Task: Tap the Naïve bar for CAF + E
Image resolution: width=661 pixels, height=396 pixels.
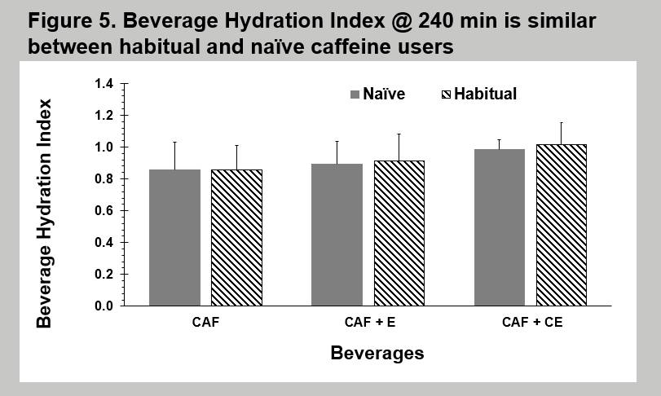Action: (x=337, y=235)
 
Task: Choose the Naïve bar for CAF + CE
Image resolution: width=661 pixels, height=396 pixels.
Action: (x=499, y=227)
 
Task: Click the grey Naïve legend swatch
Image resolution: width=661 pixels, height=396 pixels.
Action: (x=355, y=95)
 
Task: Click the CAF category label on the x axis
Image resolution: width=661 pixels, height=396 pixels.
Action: (x=205, y=323)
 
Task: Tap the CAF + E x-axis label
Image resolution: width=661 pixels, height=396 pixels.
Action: (x=368, y=323)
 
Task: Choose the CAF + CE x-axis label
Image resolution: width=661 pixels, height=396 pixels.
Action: (x=531, y=323)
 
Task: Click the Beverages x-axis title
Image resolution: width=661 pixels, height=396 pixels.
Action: (x=377, y=354)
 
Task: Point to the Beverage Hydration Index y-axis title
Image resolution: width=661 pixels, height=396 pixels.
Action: (x=44, y=213)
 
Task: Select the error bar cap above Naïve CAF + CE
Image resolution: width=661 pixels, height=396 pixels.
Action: (x=499, y=139)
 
